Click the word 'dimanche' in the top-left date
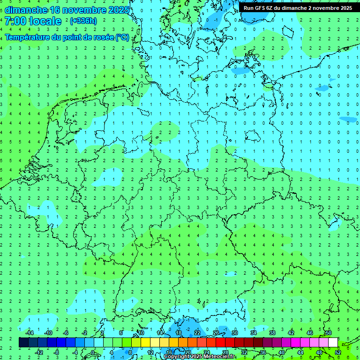click(x=26, y=10)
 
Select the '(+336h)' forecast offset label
click(x=83, y=21)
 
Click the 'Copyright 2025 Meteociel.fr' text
click(x=200, y=357)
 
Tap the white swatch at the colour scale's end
click(x=333, y=343)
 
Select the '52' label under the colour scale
click(x=338, y=352)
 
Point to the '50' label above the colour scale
click(x=329, y=333)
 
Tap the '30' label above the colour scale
click(x=235, y=333)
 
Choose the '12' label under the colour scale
click(x=150, y=352)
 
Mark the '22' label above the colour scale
click(x=197, y=333)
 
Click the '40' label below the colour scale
click(x=282, y=352)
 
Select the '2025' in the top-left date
click(x=118, y=10)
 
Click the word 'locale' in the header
click(x=45, y=21)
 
